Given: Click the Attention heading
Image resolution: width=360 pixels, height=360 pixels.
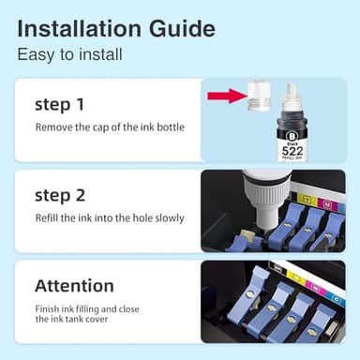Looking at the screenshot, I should (74, 285).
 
